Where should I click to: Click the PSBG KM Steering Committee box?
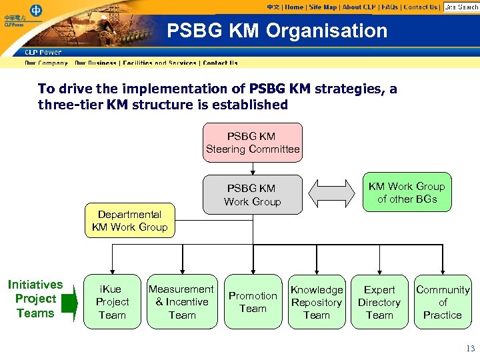pos(253,143)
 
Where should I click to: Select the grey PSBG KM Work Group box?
pos(253,195)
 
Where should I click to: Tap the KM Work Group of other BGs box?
pos(407,193)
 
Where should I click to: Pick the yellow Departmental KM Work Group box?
pos(130,221)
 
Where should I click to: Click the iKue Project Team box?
pos(112,302)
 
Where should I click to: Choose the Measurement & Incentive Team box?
pos(182,302)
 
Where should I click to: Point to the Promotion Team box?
pos(253,302)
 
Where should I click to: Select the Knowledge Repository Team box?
pos(317,302)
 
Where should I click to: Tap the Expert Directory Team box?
pos(379,302)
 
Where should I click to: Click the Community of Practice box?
pos(443,302)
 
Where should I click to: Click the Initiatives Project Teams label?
pos(35,299)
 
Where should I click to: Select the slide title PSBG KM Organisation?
pos(277,31)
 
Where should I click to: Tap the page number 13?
pos(471,348)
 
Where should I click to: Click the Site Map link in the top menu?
pos(323,7)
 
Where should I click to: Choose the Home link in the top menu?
pos(294,7)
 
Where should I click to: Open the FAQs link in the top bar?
pos(390,7)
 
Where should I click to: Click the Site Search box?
pos(461,7)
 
